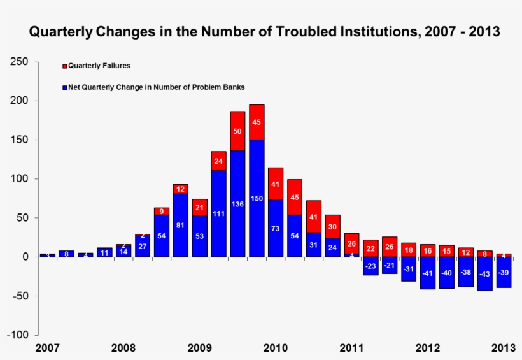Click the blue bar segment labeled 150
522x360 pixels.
[257, 198]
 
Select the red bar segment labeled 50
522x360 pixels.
[237, 131]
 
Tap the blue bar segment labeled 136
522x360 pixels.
[237, 204]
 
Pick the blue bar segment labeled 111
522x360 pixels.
[218, 213]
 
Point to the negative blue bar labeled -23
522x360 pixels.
[370, 266]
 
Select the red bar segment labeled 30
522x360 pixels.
[332, 226]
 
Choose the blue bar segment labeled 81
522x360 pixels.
[180, 225]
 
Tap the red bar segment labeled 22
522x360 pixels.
[370, 248]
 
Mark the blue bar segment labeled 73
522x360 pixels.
[276, 228]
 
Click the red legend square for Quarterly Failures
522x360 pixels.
[64, 66]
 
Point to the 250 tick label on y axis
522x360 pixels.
[19, 62]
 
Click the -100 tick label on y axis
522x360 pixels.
[17, 335]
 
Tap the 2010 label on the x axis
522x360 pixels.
[276, 348]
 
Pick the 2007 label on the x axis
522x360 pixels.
[47, 348]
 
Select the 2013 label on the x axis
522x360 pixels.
[503, 348]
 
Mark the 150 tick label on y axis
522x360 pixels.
[19, 140]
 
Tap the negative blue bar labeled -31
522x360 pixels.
[409, 269]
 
